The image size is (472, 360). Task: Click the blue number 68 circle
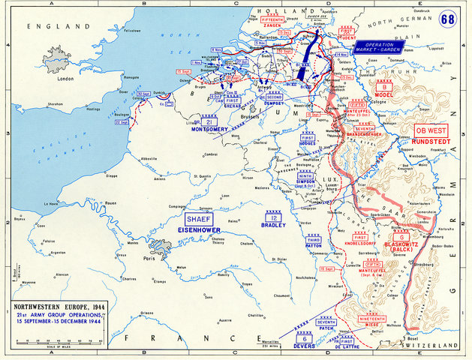(447, 19)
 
